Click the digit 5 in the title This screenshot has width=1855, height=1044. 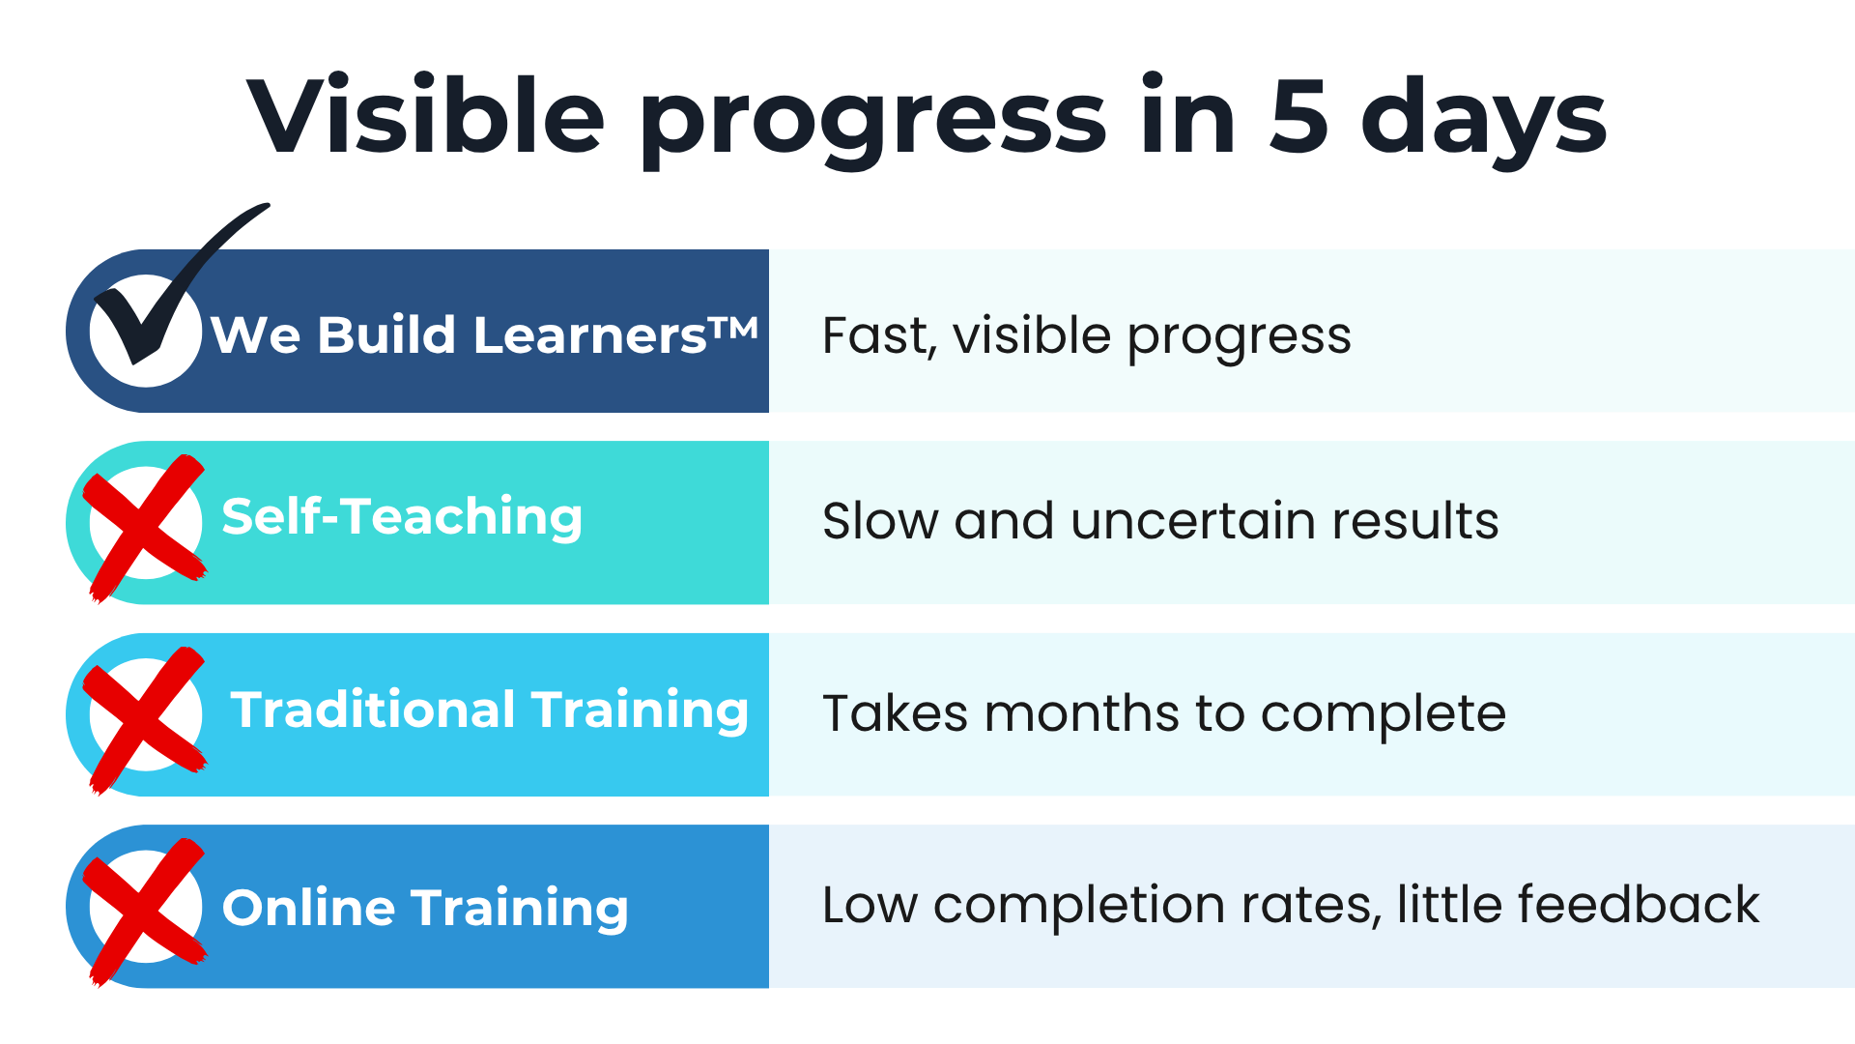(x=1298, y=116)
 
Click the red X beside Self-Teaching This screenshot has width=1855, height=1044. (x=145, y=527)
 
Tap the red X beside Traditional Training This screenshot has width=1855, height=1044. (x=145, y=719)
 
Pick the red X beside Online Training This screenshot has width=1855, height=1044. (x=145, y=911)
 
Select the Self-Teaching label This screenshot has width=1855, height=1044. (x=402, y=517)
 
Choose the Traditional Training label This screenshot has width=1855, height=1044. (x=489, y=710)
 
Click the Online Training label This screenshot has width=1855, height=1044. (x=425, y=909)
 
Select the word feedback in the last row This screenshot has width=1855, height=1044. (x=1639, y=905)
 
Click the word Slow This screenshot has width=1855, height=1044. (x=879, y=521)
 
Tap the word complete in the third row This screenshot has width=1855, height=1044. (x=1384, y=716)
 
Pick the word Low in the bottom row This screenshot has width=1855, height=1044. (x=870, y=906)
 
